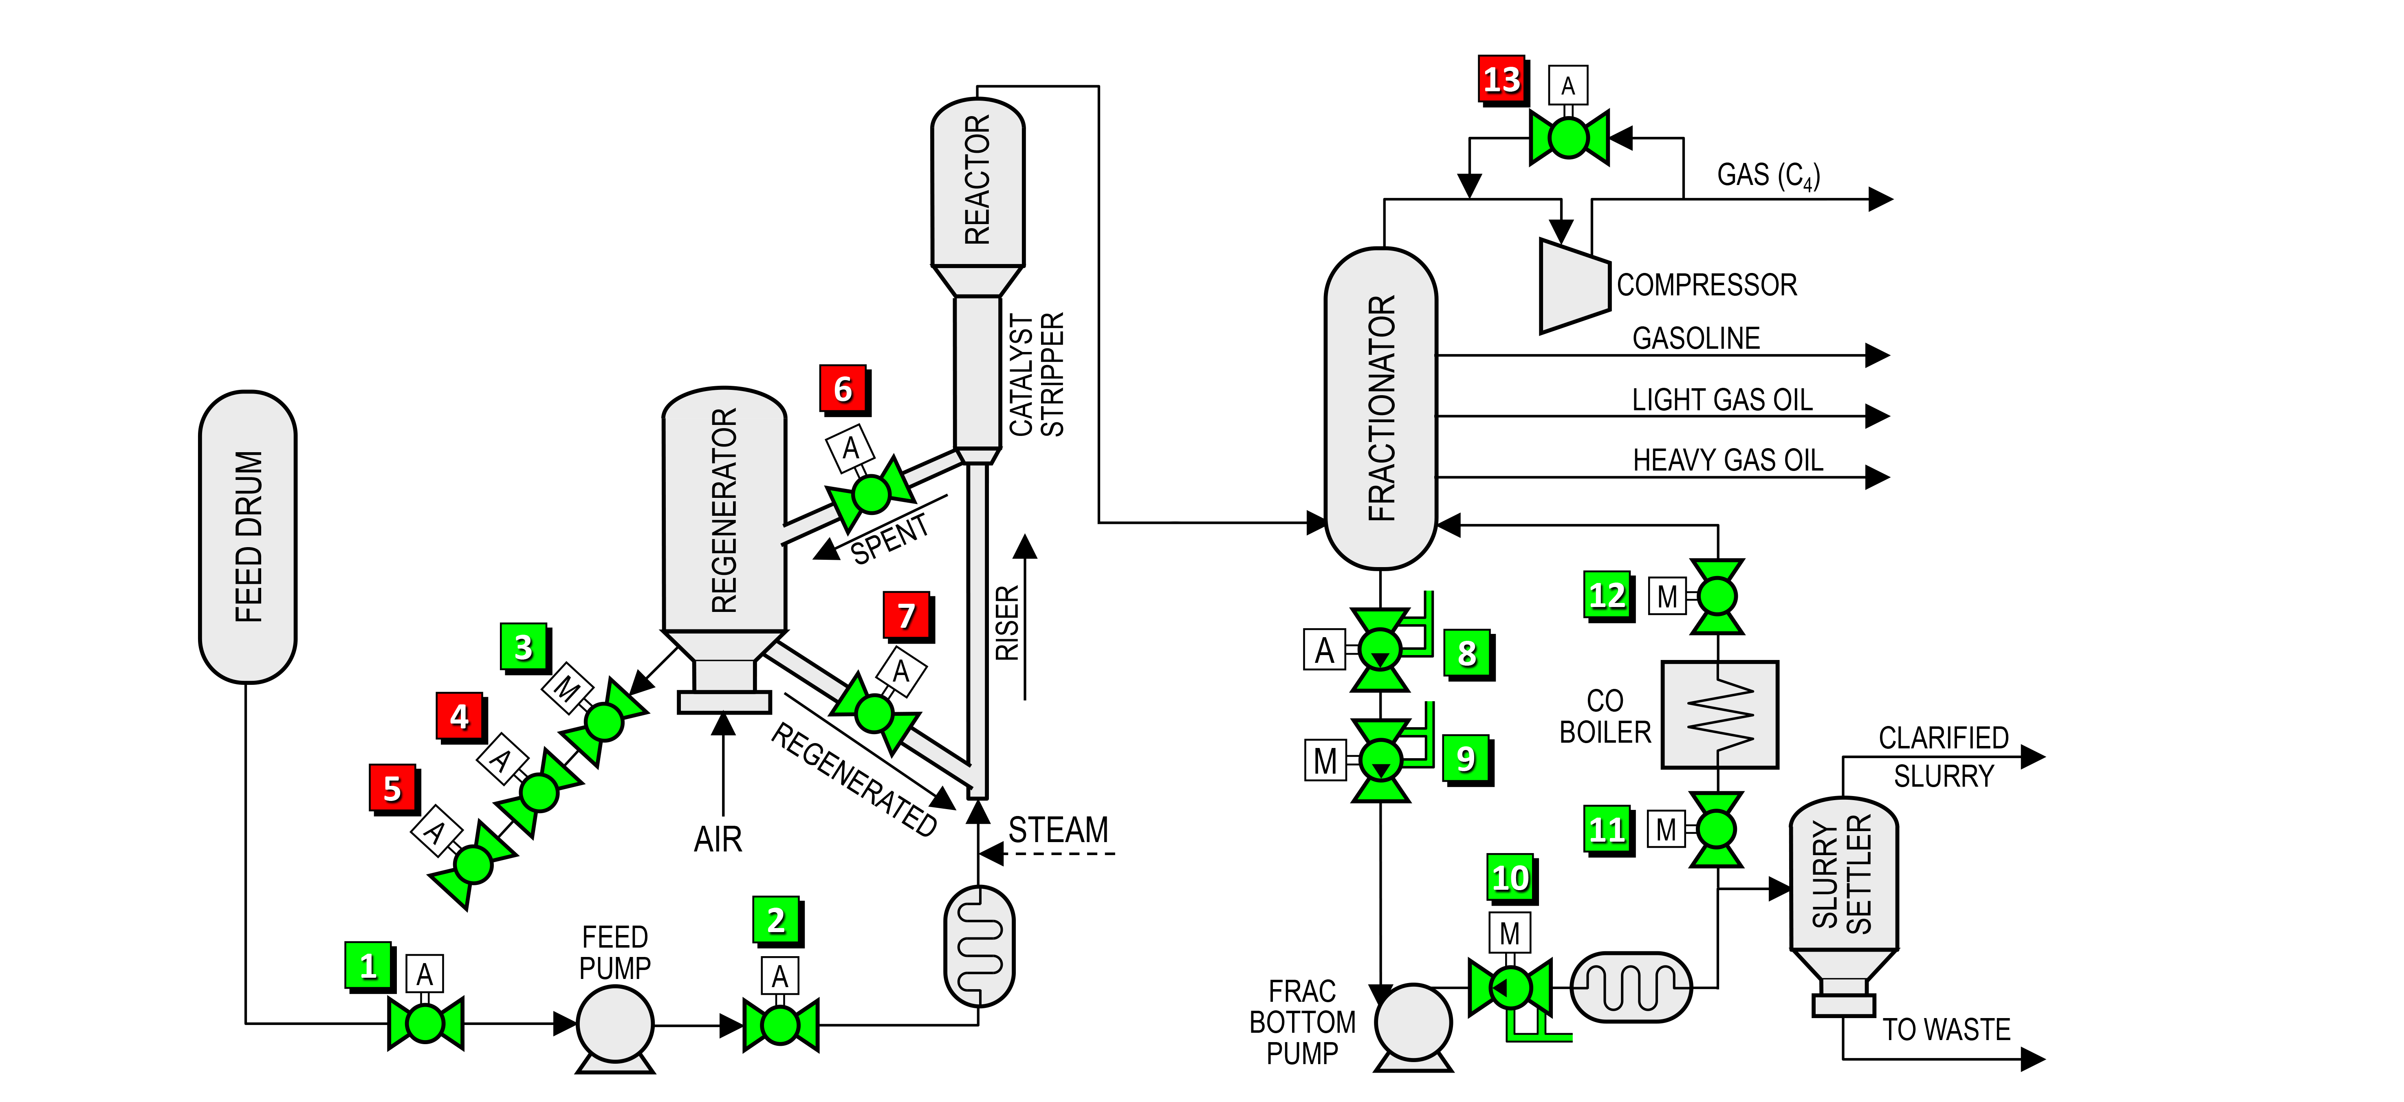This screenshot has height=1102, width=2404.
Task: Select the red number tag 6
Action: click(x=843, y=389)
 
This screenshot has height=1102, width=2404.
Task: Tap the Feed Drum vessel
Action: click(x=247, y=537)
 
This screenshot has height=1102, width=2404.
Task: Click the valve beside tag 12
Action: click(x=1717, y=596)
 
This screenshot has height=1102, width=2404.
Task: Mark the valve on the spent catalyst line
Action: click(x=871, y=494)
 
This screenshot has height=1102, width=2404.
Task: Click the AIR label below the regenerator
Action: click(x=718, y=839)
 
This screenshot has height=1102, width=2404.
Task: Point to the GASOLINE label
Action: click(x=1696, y=338)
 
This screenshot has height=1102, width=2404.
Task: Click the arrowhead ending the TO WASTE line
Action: click(x=2034, y=1059)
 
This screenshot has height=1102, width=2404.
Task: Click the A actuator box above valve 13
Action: click(x=1568, y=86)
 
